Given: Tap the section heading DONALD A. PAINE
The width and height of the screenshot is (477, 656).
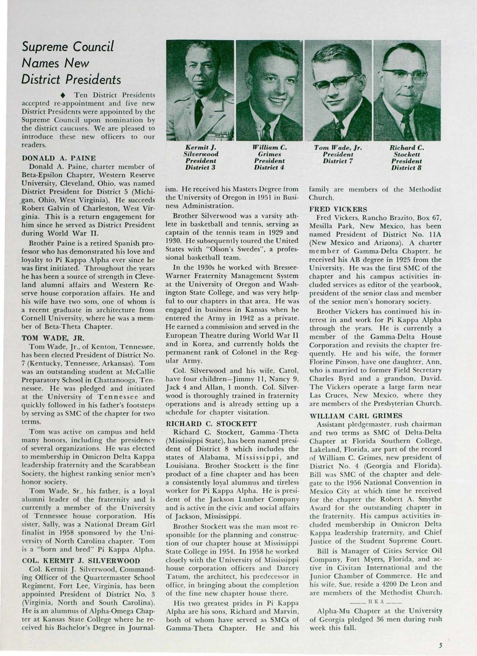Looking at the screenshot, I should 59,158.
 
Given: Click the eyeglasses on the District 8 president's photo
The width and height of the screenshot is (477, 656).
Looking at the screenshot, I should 406,76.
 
